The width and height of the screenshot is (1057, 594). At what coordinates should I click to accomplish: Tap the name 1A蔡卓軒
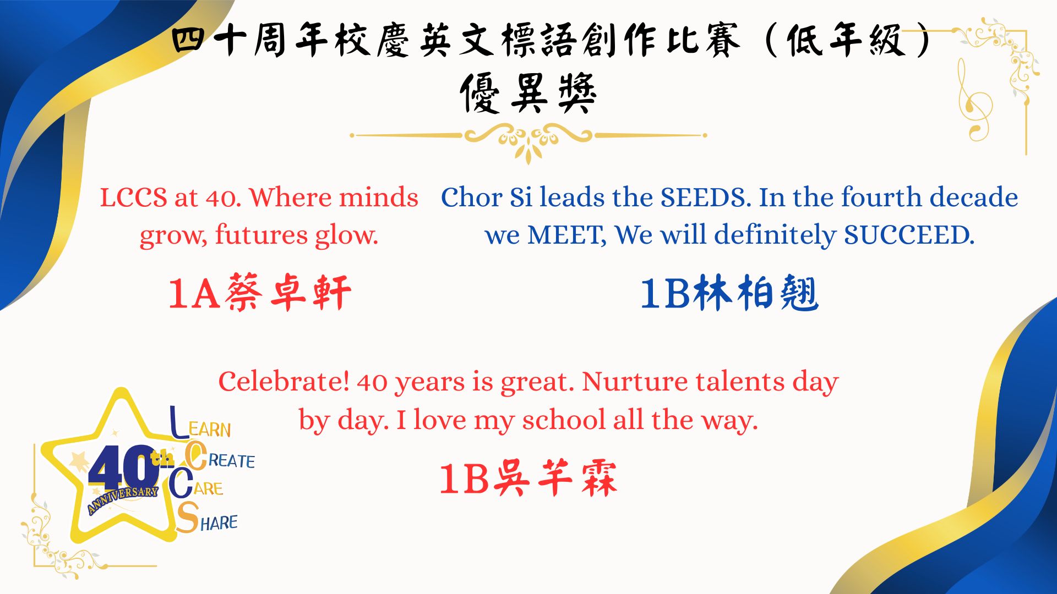coord(259,293)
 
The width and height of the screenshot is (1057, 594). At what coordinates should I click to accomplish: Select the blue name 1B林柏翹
coord(729,293)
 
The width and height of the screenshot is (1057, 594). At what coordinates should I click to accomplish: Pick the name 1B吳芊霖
coord(528,478)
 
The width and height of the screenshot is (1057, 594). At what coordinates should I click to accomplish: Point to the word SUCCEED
coord(909,235)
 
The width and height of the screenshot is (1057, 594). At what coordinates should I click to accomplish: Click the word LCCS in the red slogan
coord(133,197)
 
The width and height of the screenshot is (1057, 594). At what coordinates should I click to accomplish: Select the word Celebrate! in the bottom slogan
coord(284,381)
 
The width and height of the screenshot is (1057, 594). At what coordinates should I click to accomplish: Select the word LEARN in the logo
coord(200,424)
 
